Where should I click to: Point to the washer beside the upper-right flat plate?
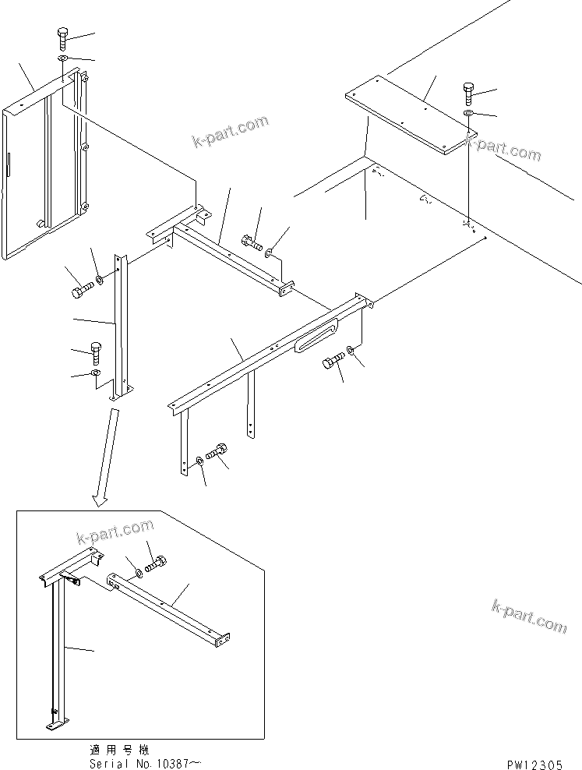[468, 115]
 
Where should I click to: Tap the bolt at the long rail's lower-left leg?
[218, 451]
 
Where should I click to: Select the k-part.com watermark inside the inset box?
[115, 532]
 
